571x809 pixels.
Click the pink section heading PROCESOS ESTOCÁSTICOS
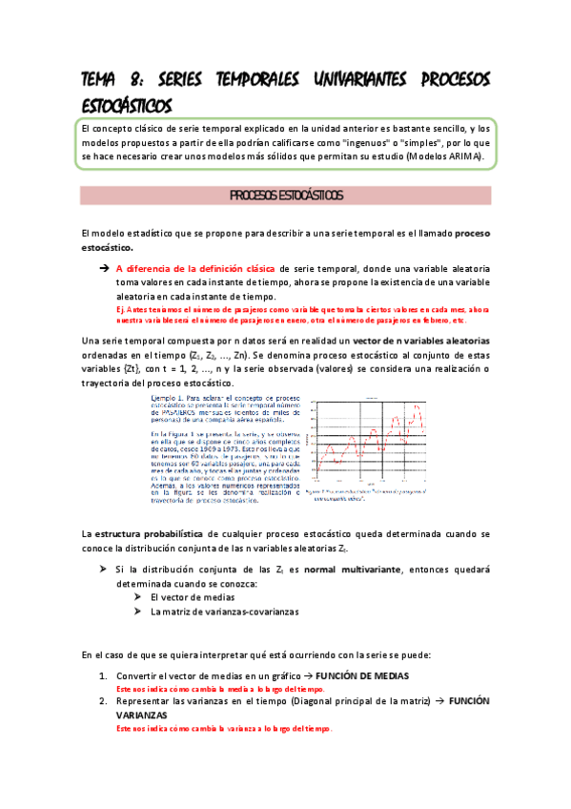[286, 196]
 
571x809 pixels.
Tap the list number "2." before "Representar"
[104, 700]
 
